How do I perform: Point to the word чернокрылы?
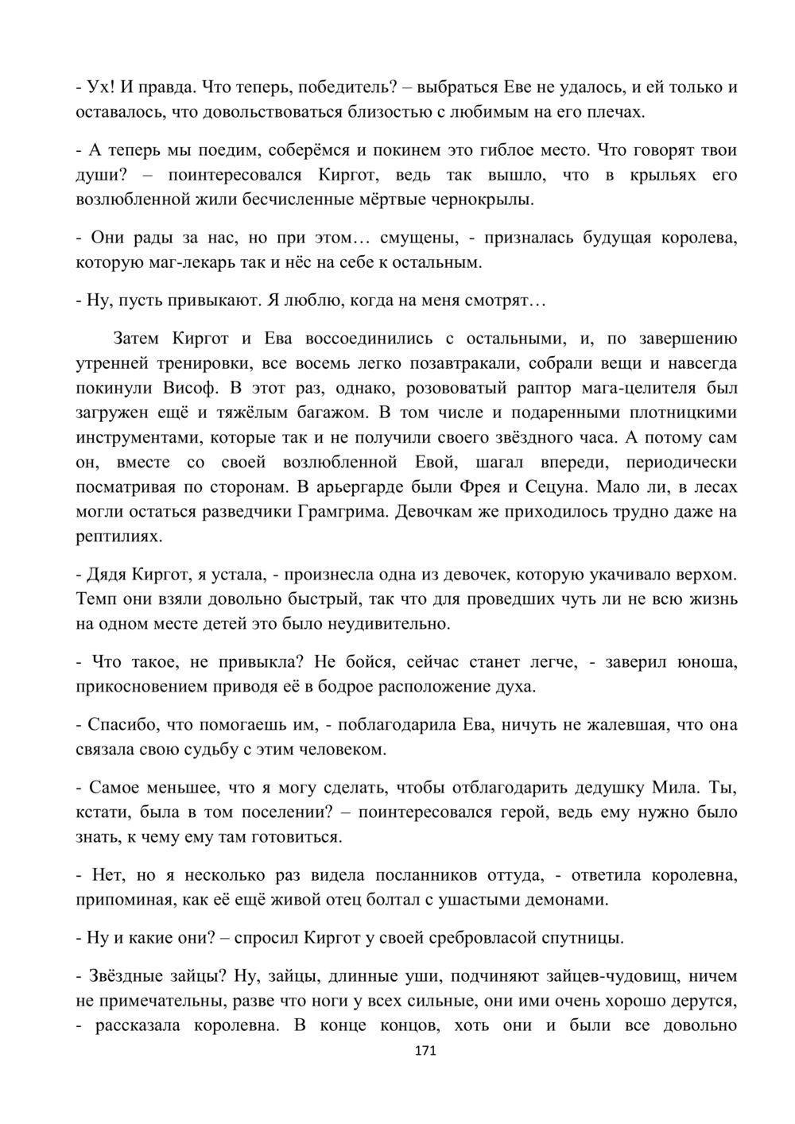click(x=486, y=200)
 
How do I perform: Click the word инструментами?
click(x=133, y=438)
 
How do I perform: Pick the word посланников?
click(x=426, y=875)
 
